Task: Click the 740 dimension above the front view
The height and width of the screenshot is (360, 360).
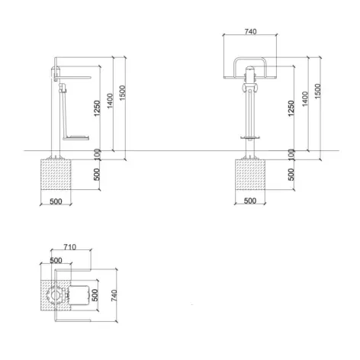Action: [x=250, y=31]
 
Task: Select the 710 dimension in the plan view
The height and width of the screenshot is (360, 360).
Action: [x=70, y=247]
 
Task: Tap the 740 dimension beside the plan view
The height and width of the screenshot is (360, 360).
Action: [x=114, y=295]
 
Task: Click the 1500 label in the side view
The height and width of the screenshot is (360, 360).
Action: [x=122, y=93]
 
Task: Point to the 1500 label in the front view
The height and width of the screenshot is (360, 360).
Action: [x=318, y=91]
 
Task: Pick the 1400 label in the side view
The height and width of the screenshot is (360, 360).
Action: [x=110, y=101]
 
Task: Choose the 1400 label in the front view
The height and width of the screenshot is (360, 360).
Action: [x=305, y=99]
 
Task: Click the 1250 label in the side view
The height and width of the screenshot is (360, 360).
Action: [x=97, y=108]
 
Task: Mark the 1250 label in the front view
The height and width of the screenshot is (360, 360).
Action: [x=291, y=108]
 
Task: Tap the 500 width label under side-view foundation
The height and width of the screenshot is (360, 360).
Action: [x=56, y=201]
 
